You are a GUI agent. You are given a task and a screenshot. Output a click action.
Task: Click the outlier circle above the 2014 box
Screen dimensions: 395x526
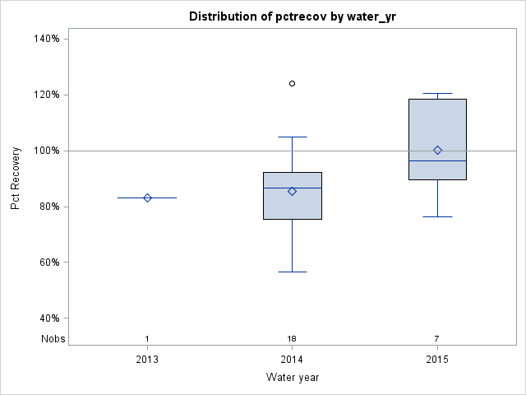[x=292, y=83]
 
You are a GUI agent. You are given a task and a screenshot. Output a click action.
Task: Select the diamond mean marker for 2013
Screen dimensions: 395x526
[x=147, y=197]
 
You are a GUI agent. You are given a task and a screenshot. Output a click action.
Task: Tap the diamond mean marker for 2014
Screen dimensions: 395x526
[x=292, y=191]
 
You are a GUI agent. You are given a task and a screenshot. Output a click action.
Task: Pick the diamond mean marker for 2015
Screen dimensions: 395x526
[x=437, y=150]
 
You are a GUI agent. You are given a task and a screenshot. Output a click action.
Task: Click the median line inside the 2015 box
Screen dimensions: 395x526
[x=437, y=160]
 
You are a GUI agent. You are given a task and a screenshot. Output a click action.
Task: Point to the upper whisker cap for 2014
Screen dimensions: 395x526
[x=292, y=137]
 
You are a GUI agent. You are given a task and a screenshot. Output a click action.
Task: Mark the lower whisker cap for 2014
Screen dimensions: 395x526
[x=292, y=272]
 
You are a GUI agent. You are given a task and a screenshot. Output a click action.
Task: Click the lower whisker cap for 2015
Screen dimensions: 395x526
[x=437, y=216]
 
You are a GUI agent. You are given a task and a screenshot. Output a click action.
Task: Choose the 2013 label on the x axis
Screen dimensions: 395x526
[x=147, y=360]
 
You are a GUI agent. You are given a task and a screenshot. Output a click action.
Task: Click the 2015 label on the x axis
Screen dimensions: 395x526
[x=437, y=360]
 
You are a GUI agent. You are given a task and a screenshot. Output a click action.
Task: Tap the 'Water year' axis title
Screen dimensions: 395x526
[x=292, y=377]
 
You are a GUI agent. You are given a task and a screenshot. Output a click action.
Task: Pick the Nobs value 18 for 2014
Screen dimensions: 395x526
[x=292, y=338]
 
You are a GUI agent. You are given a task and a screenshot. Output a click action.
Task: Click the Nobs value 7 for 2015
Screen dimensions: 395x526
[x=437, y=338]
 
